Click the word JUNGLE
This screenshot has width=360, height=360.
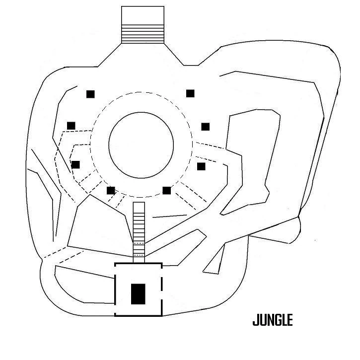(273, 320)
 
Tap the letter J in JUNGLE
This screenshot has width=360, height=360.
(256, 320)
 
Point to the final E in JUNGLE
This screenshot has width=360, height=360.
(289, 320)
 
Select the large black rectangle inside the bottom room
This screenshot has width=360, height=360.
(138, 293)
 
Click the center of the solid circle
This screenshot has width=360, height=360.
(141, 144)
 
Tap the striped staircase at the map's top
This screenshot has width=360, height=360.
(143, 34)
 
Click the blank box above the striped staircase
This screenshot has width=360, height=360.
(143, 15)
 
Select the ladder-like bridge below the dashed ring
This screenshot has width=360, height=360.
(140, 231)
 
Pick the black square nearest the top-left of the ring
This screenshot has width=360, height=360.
(90, 93)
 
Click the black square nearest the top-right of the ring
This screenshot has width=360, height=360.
(190, 93)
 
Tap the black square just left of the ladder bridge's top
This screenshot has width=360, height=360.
(111, 190)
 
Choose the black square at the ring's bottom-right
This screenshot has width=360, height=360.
(167, 190)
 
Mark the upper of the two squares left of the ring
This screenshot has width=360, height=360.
(71, 125)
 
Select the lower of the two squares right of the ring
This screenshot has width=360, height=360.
(201, 166)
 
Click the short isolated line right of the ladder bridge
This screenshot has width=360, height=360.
(170, 216)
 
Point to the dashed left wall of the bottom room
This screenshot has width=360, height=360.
(116, 289)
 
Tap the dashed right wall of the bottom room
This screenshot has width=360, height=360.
(161, 289)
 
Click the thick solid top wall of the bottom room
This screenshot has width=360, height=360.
(139, 264)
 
